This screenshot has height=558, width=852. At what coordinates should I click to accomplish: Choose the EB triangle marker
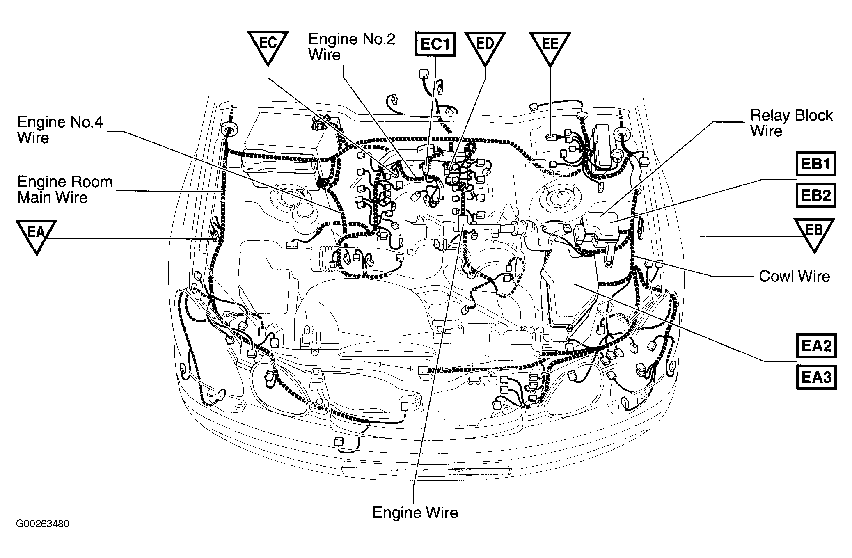[814, 232]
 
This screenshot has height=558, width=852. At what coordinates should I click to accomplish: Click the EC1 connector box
[436, 44]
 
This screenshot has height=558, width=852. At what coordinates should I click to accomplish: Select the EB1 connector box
[816, 164]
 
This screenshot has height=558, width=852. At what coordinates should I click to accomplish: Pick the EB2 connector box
[816, 195]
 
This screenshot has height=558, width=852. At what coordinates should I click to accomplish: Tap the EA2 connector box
[816, 346]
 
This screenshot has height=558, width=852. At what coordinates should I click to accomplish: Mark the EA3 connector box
[816, 377]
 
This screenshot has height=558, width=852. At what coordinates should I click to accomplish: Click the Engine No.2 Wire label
[352, 47]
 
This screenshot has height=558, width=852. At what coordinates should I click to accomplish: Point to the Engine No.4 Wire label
[60, 130]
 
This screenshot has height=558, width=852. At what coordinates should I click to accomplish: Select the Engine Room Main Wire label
[65, 190]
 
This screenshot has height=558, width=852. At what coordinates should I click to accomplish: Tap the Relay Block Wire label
[791, 123]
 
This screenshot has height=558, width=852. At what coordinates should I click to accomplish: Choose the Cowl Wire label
[794, 277]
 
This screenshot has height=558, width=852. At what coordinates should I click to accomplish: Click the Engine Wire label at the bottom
[415, 512]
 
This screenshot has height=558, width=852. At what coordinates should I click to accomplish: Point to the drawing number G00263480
[43, 524]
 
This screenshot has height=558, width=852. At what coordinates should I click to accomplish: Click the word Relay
[770, 115]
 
